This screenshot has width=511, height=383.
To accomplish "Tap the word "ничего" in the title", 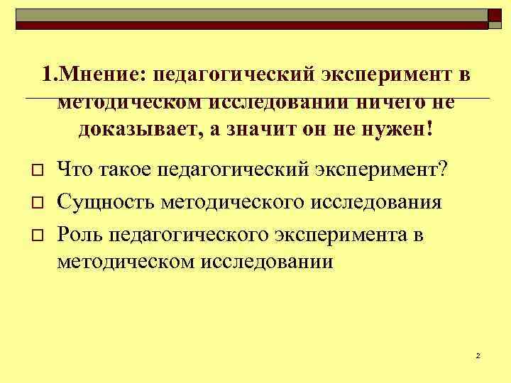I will (x=391, y=102).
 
